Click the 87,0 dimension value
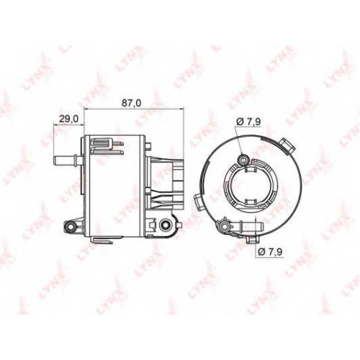pyautogui.click(x=131, y=103)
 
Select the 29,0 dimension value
pyautogui.click(x=68, y=119)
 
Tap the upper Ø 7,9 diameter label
pyautogui.click(x=248, y=122)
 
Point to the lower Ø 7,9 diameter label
pyautogui.click(x=270, y=251)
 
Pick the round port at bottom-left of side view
pyautogui.click(x=71, y=226)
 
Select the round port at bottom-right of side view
pyautogui.click(x=165, y=225)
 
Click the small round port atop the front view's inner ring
pyautogui.click(x=244, y=160)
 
